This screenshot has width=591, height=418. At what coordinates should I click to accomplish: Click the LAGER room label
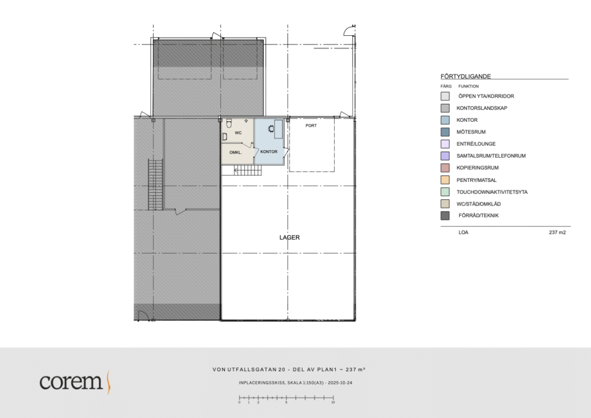tap(290, 237)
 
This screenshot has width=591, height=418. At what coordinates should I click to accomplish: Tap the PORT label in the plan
tap(311, 125)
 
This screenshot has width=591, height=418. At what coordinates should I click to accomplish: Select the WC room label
tap(238, 133)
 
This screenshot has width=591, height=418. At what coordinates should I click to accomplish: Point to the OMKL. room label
tap(235, 152)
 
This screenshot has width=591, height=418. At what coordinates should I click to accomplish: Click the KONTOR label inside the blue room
tap(269, 151)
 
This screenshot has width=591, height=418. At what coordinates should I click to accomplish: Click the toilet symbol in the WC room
tap(229, 124)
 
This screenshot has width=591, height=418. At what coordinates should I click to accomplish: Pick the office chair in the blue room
tap(271, 129)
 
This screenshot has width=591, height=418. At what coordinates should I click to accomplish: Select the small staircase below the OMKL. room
tap(248, 170)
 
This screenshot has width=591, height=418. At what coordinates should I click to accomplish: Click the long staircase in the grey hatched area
tap(155, 184)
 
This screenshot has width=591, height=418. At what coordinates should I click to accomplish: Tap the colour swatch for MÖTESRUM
tap(445, 132)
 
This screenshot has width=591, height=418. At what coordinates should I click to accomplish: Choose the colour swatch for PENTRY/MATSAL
tap(445, 180)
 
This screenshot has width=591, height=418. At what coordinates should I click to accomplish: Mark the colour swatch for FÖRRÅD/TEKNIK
tap(445, 215)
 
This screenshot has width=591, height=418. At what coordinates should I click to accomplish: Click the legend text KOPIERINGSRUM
tap(477, 168)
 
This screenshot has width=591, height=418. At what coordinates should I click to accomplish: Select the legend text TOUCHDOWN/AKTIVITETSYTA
tap(492, 192)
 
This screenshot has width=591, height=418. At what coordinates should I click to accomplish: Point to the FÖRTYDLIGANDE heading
tap(466, 76)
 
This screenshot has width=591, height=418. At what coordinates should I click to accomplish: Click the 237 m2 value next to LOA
tap(557, 232)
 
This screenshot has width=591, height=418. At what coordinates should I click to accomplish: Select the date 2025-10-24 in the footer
tap(340, 383)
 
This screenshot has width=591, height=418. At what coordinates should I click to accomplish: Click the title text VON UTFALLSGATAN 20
tap(249, 370)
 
